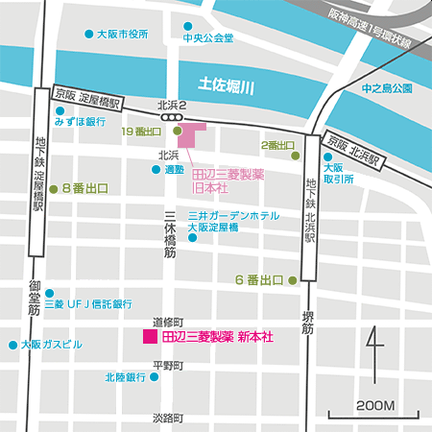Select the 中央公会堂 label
[208, 39]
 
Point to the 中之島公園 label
[386, 88]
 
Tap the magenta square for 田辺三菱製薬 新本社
[149, 337]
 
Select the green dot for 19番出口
[177, 131]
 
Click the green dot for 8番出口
[54, 189]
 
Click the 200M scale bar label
[375, 405]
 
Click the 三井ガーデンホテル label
[234, 216]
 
